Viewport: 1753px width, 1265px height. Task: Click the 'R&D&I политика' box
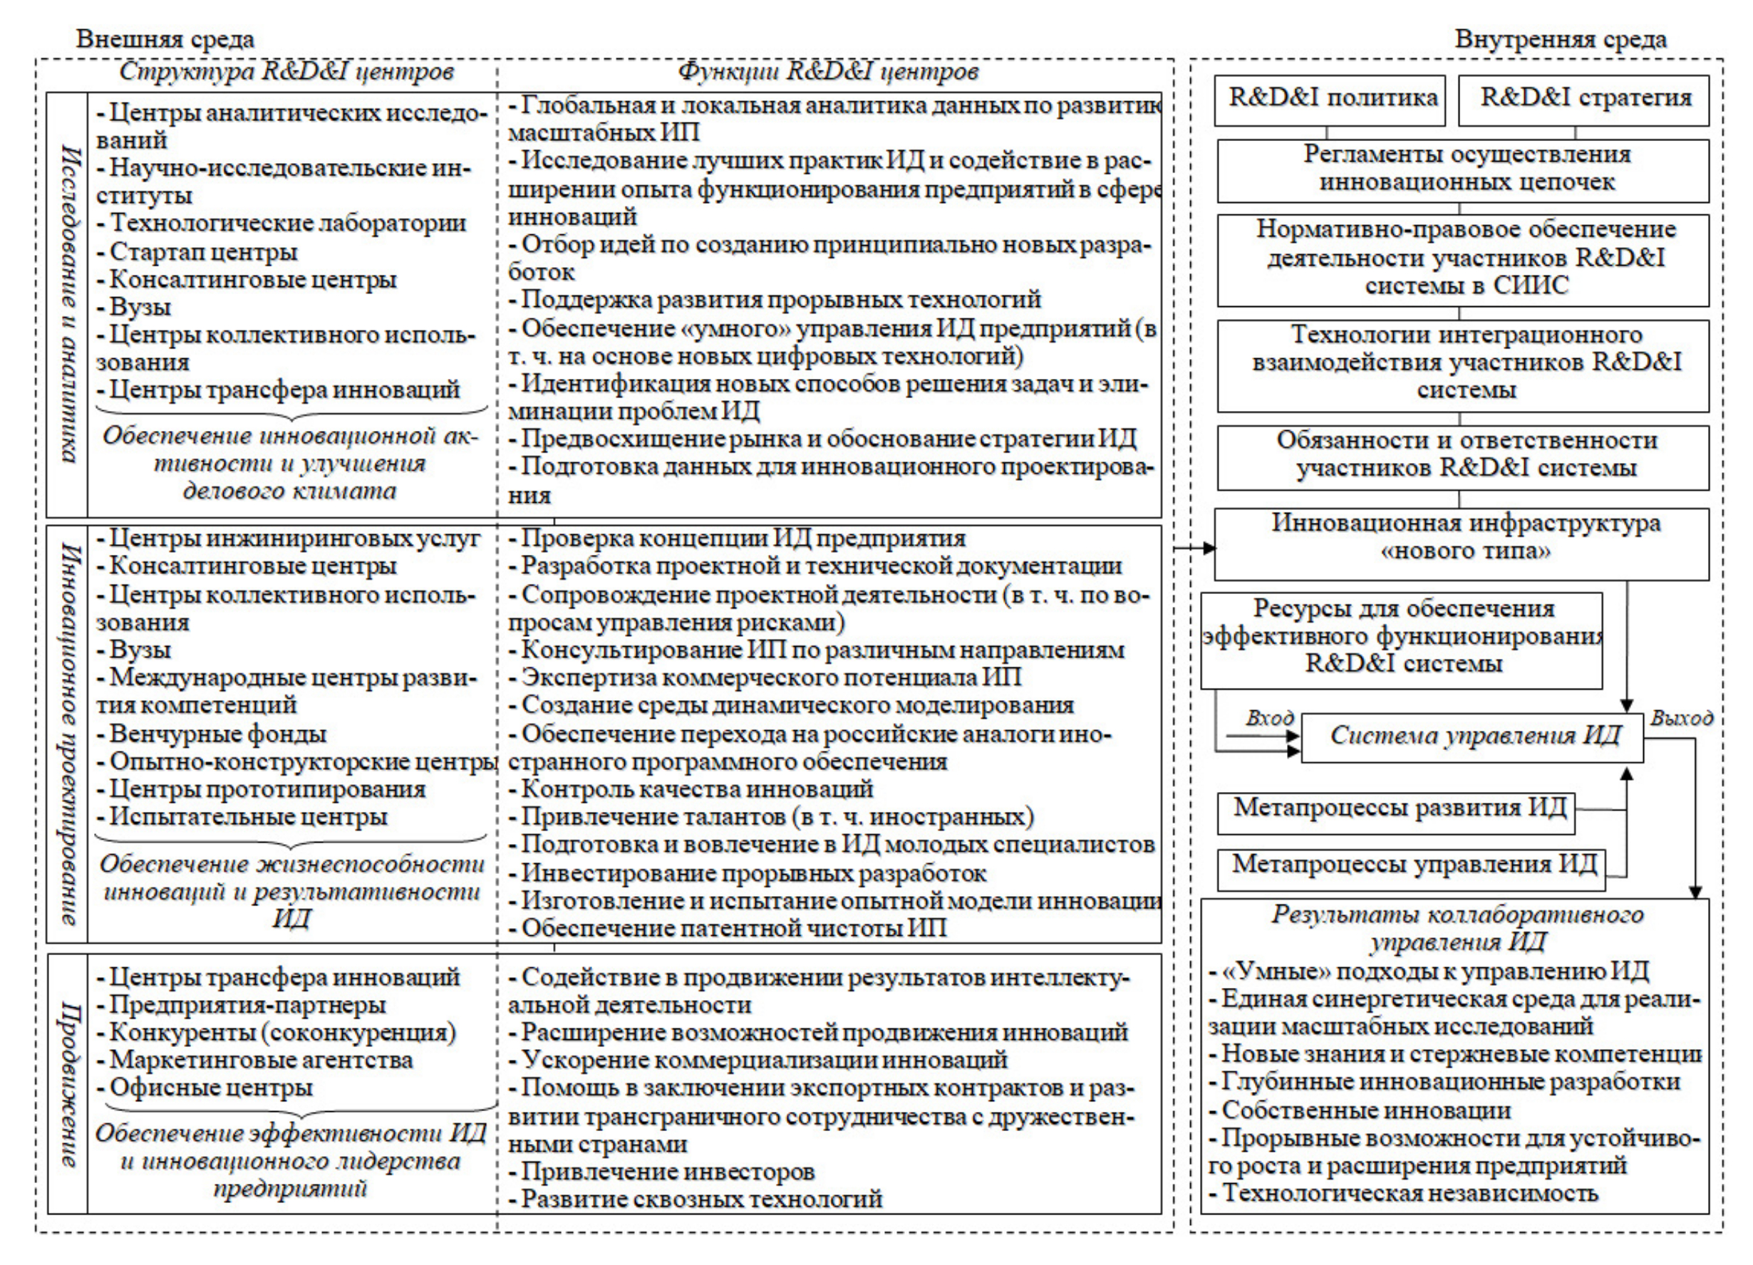(x=1329, y=100)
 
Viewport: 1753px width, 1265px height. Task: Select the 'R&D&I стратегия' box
(x=1582, y=100)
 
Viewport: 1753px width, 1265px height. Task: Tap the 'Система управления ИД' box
(x=1472, y=736)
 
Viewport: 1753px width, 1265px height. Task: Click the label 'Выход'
(x=1682, y=718)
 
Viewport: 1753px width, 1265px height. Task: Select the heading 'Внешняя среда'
(x=165, y=39)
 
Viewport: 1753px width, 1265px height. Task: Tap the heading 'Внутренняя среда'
(x=1561, y=39)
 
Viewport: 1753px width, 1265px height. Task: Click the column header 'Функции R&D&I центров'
(x=828, y=72)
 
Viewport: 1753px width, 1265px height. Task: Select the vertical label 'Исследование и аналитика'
(x=68, y=303)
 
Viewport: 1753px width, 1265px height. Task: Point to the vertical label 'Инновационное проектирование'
(x=68, y=732)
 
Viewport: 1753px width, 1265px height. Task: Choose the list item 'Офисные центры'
(x=210, y=1088)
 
